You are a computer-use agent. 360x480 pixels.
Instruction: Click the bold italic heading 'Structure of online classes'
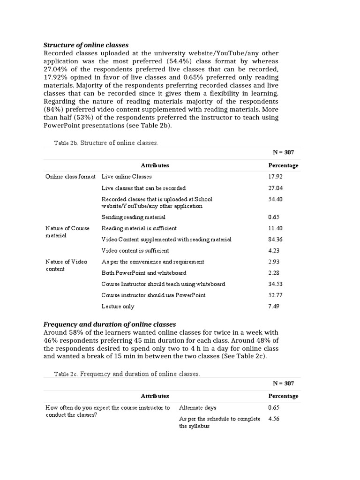click(86, 45)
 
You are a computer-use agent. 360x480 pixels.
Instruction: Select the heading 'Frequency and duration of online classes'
click(110, 324)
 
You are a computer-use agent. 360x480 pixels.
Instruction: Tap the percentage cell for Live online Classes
click(275, 177)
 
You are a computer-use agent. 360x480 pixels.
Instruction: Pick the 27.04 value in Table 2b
click(275, 188)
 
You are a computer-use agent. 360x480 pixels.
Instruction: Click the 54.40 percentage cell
click(275, 199)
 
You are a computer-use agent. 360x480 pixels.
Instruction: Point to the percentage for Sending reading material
click(273, 217)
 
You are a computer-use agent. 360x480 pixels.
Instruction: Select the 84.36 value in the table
click(275, 240)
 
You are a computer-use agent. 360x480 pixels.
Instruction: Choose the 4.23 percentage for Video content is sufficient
click(273, 251)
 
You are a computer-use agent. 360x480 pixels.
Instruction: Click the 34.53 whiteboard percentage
click(275, 284)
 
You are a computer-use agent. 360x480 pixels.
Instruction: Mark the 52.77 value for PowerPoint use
click(275, 295)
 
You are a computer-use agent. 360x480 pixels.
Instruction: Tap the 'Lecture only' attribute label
click(118, 307)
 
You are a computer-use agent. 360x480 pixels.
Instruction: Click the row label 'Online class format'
click(70, 177)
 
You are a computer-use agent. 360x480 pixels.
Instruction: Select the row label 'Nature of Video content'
click(66, 265)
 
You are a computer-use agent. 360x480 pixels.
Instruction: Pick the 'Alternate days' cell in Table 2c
click(198, 408)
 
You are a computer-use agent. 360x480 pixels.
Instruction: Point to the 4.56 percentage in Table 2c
click(273, 419)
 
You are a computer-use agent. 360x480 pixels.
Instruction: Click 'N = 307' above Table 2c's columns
click(283, 383)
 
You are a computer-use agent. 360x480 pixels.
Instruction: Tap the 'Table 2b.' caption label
click(66, 143)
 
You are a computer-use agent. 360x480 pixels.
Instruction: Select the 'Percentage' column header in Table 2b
click(283, 165)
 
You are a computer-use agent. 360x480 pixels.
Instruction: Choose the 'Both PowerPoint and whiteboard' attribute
click(144, 273)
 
